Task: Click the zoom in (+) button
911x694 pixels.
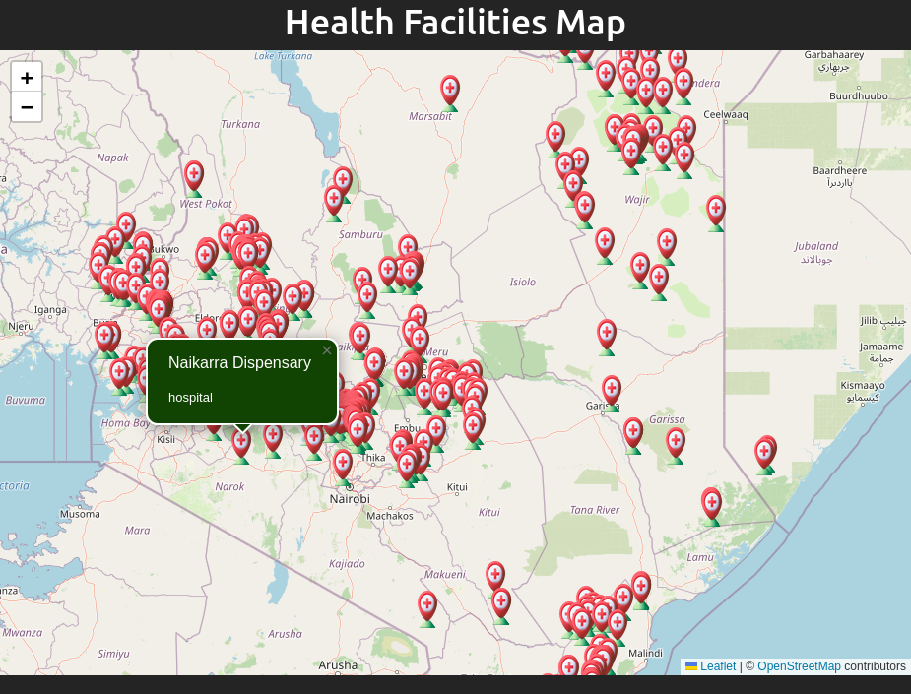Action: click(27, 77)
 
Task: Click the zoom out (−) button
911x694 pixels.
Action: click(27, 106)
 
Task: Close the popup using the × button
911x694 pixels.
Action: click(327, 350)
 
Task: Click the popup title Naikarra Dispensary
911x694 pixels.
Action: click(239, 362)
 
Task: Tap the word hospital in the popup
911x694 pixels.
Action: click(190, 397)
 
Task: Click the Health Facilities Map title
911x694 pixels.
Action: click(455, 23)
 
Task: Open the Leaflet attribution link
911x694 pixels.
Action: click(717, 666)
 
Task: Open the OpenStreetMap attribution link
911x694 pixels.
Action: click(799, 666)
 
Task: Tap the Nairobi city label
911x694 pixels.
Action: click(350, 499)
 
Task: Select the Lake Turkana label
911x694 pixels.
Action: click(283, 56)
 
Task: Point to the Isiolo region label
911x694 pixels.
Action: click(522, 283)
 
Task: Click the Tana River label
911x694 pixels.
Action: click(595, 510)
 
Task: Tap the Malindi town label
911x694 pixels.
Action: click(645, 653)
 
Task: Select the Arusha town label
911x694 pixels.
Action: click(338, 664)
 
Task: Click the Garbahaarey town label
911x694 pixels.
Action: click(834, 54)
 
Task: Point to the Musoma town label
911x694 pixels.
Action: click(80, 514)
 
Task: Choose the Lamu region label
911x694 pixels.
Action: click(700, 557)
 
